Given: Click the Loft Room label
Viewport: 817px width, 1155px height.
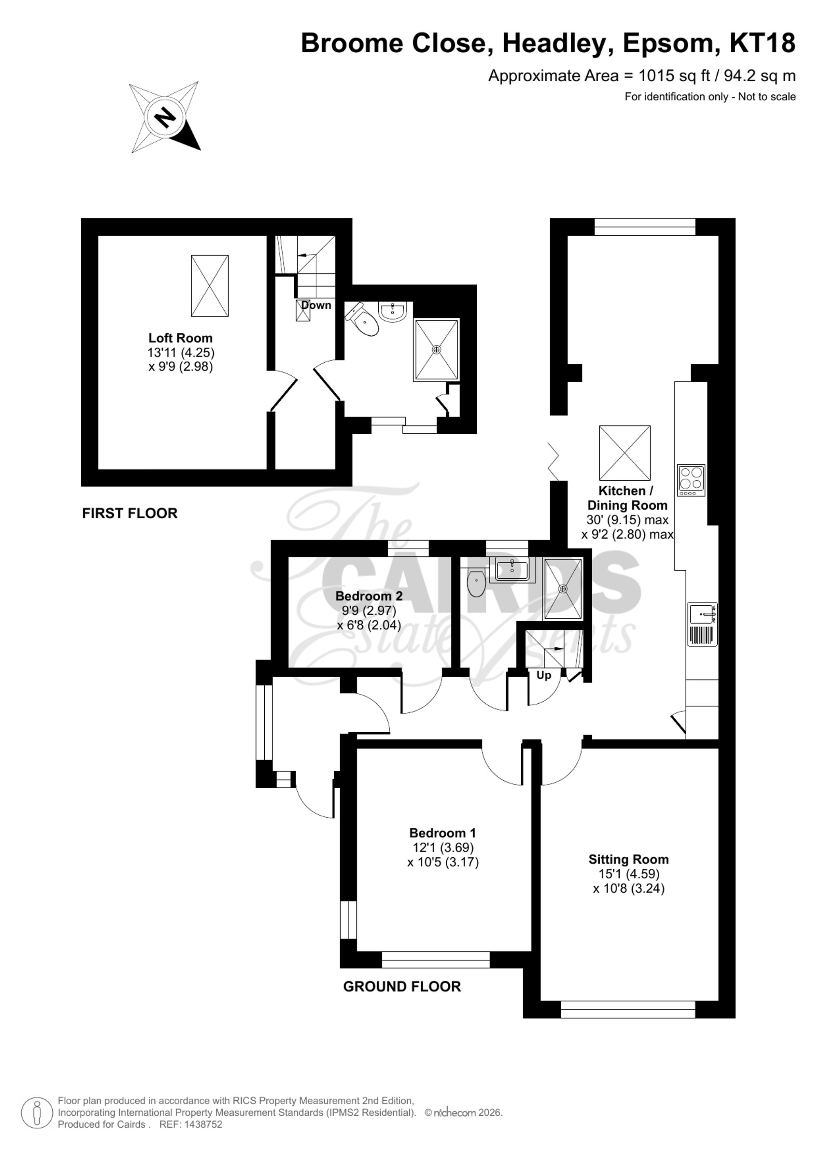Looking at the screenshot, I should pos(180,338).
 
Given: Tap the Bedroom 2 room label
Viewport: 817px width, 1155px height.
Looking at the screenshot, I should pos(369,596).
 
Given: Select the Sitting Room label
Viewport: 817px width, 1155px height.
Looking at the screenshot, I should pos(628,859).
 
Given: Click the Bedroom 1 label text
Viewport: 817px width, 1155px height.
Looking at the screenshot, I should pos(442,832).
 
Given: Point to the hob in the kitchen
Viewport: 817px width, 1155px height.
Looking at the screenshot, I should pos(691,479).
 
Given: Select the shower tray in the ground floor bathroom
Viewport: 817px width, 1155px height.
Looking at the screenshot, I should pos(563,588).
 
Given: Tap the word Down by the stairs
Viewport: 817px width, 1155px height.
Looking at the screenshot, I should pos(316,305).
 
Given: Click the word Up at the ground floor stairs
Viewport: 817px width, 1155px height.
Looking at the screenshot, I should pos(543,675).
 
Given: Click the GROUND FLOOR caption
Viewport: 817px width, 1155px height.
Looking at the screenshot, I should pos(402,986).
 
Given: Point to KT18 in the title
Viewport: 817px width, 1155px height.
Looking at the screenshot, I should pos(762,43).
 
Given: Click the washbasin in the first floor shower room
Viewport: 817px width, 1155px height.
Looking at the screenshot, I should pos(393,312).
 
